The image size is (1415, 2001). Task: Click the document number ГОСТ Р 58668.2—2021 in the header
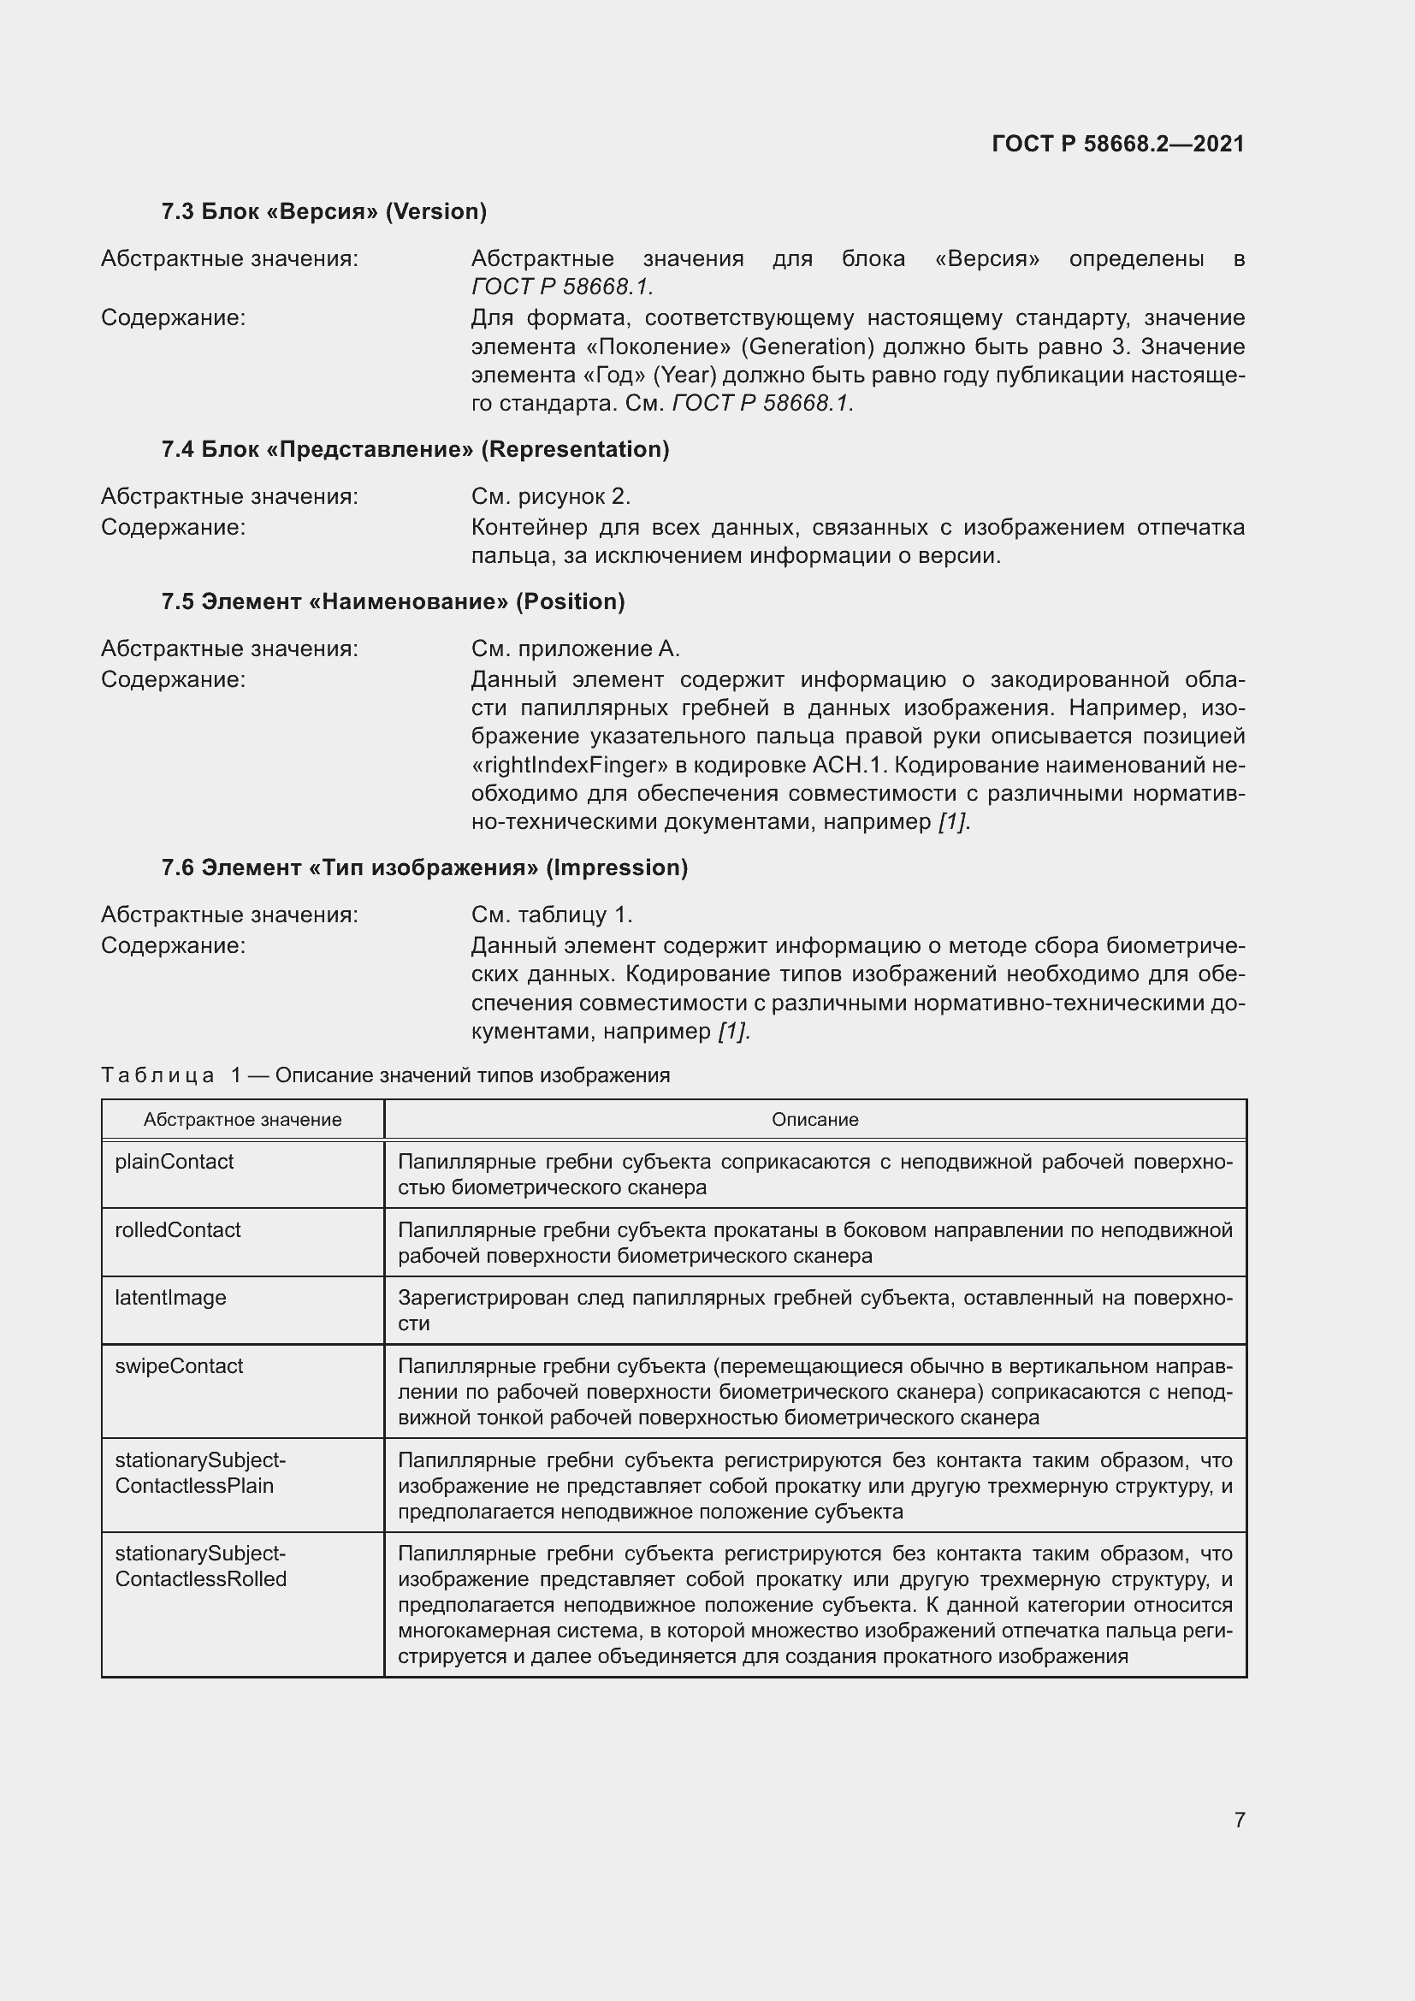(x=1117, y=144)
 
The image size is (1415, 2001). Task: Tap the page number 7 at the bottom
(x=1239, y=1820)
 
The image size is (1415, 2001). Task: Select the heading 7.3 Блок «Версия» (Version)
(x=323, y=211)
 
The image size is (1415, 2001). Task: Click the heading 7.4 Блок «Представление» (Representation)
(x=415, y=449)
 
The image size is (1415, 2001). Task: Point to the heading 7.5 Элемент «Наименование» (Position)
(x=393, y=601)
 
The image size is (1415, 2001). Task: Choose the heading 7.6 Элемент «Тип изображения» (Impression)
(x=424, y=867)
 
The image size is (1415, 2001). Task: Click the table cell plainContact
(x=175, y=1162)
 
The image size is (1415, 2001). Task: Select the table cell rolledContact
(x=178, y=1229)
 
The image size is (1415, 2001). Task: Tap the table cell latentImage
(x=171, y=1298)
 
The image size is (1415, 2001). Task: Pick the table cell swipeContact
(x=179, y=1365)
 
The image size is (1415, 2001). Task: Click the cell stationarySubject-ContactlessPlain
(x=200, y=1473)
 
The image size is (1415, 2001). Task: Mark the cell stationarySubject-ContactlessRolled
(x=200, y=1566)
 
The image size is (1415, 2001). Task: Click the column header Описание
(x=814, y=1120)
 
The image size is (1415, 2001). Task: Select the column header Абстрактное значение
(x=242, y=1120)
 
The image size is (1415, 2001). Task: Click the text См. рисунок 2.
(x=551, y=497)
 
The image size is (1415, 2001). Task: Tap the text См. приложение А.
(x=575, y=649)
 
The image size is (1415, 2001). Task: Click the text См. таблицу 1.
(x=552, y=915)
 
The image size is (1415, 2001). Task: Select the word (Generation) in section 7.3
(x=807, y=346)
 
